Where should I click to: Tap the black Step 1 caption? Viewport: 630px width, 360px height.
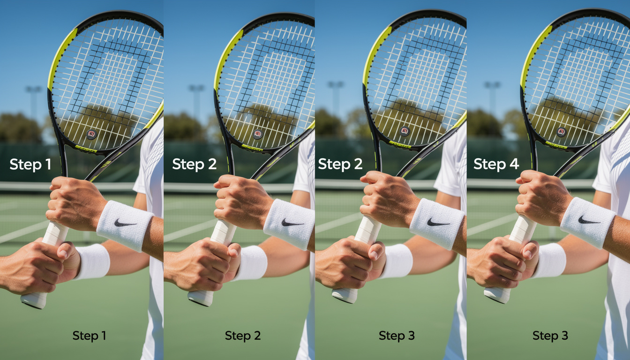(x=89, y=336)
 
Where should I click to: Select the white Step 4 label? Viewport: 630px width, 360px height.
(x=496, y=164)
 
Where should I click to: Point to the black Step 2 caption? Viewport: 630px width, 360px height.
(x=243, y=336)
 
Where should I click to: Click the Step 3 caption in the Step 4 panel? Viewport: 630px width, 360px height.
(x=550, y=336)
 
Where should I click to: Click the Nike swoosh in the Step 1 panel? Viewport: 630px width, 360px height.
(x=125, y=223)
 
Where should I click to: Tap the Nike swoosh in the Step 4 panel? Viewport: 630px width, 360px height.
(x=589, y=220)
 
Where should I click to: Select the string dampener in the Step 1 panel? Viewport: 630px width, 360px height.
(x=91, y=135)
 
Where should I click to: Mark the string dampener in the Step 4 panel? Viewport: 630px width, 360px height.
(x=561, y=132)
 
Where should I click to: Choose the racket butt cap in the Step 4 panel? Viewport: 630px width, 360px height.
(x=496, y=296)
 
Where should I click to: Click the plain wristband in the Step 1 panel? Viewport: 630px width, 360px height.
(x=92, y=261)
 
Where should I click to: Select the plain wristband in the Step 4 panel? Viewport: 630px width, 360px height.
(x=549, y=260)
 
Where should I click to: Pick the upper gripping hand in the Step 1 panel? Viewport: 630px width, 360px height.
(x=75, y=202)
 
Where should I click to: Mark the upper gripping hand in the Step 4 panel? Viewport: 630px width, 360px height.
(x=543, y=197)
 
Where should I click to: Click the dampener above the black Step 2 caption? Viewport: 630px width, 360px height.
(x=257, y=134)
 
